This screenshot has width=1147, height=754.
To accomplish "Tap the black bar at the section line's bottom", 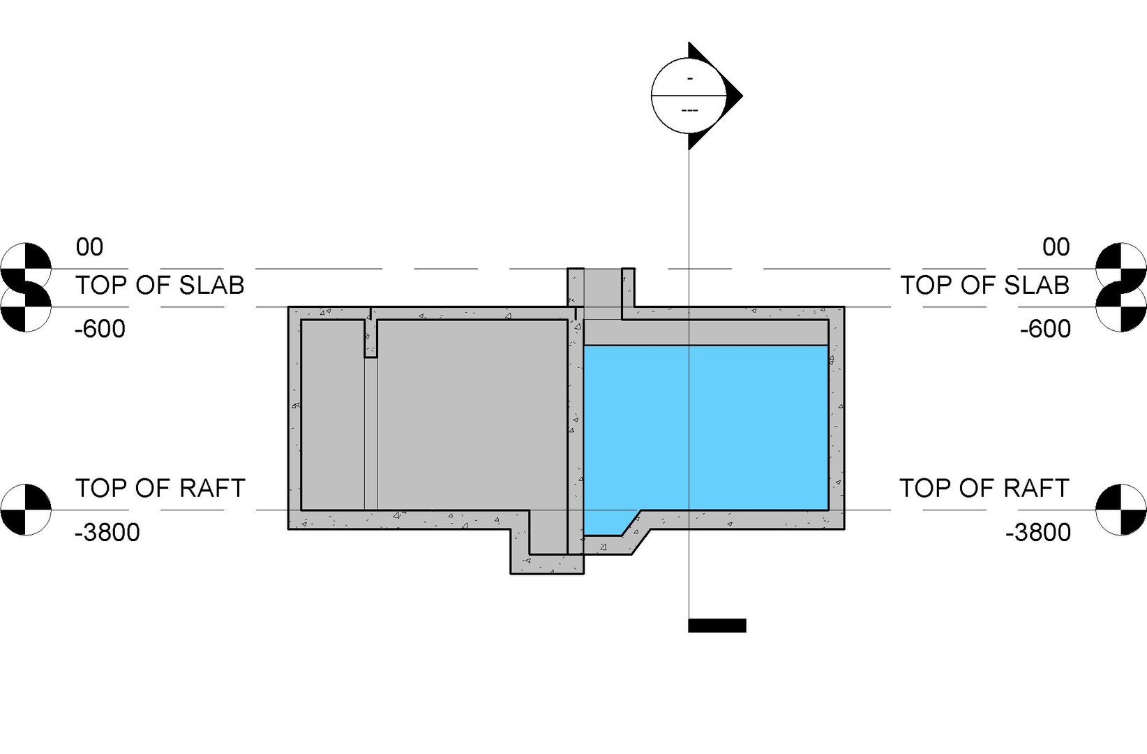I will (717, 626).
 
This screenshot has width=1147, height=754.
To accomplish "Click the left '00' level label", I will (89, 247).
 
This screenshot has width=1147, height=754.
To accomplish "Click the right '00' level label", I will (1056, 247).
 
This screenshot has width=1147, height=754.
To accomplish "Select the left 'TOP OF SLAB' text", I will (160, 286).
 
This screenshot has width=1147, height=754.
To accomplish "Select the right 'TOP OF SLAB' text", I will (984, 286).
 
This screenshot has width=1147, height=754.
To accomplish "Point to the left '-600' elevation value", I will (100, 329).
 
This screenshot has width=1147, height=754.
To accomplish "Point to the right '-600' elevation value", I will (1044, 329).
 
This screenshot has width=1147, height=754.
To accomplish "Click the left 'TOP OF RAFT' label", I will (160, 488).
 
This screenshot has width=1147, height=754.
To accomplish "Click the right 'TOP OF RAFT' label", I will (984, 488).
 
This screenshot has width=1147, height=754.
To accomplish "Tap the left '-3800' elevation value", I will (107, 533).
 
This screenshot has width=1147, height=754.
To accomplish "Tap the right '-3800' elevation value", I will (1038, 533).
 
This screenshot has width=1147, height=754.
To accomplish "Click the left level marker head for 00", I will (27, 268).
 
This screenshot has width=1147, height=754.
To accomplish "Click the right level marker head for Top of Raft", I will (1120, 510).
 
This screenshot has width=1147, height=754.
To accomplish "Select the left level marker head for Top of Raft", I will (27, 510).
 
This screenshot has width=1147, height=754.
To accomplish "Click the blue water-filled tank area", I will (705, 426).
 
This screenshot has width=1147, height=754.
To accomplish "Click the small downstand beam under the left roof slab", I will (370, 339).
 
